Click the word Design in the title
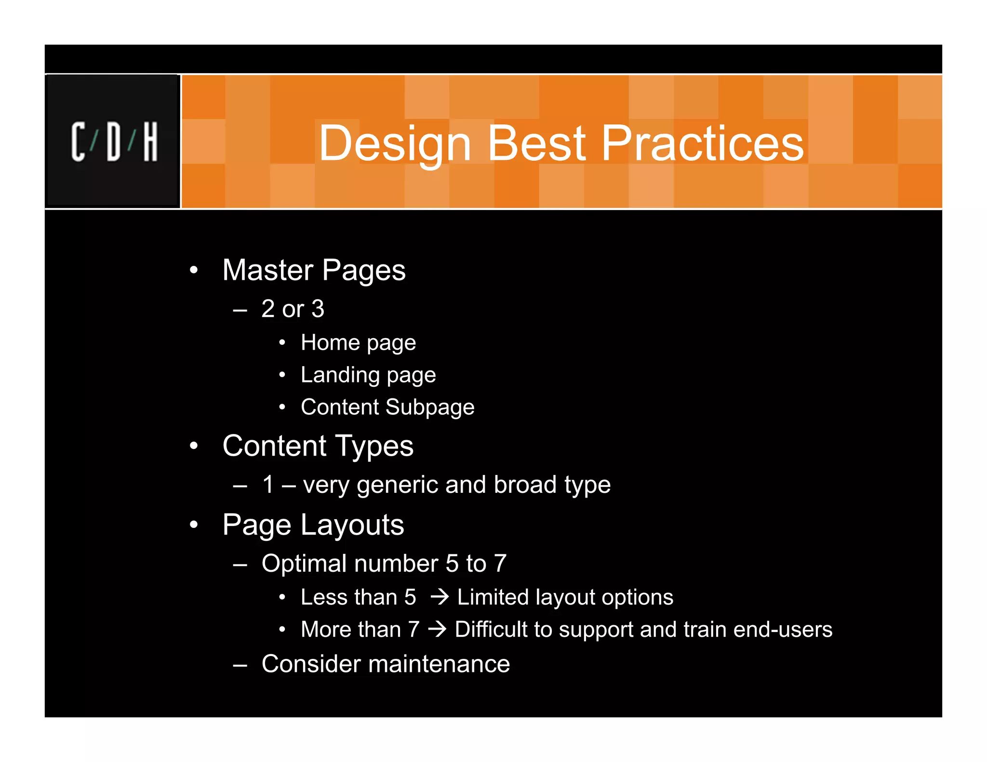click(x=395, y=143)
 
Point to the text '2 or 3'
click(x=293, y=309)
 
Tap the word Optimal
click(x=304, y=564)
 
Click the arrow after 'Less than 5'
click(x=440, y=598)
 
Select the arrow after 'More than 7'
click(x=438, y=630)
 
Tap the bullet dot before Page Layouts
click(x=194, y=524)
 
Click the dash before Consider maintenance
click(x=240, y=665)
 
